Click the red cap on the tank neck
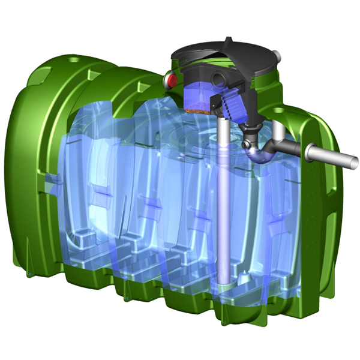[x=171, y=79]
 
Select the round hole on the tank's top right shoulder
[x=279, y=112]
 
